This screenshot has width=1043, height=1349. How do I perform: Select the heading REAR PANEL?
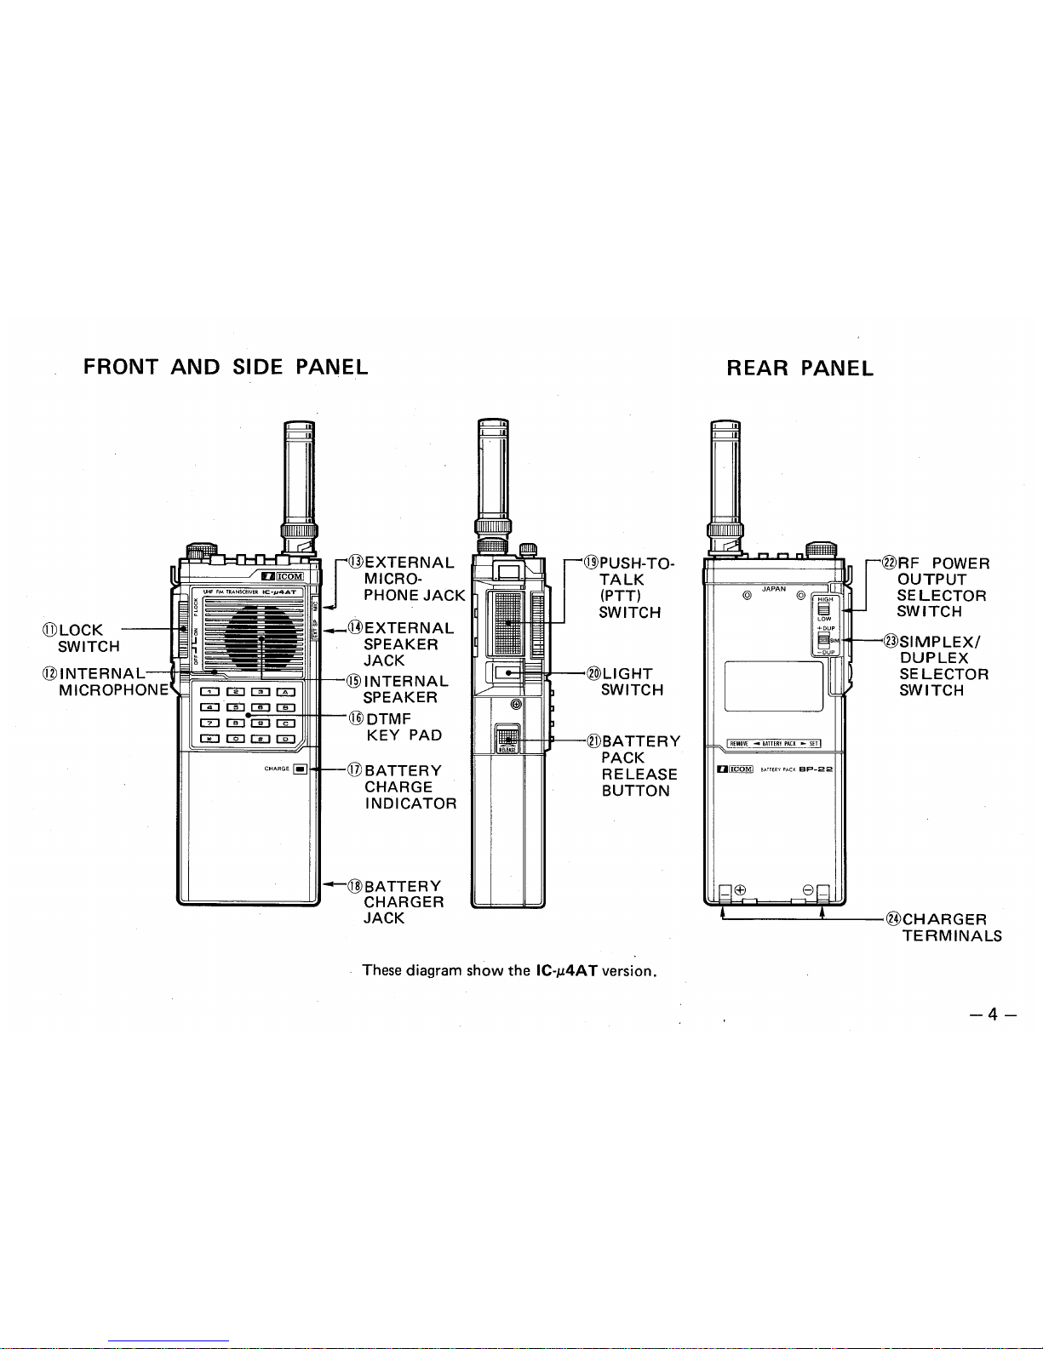point(799,368)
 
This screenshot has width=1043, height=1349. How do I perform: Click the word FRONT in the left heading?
point(121,367)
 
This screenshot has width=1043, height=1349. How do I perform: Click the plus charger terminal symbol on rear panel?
point(740,890)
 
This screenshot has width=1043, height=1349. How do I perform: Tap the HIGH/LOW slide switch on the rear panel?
point(823,608)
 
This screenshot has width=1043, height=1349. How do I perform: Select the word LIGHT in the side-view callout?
point(628,674)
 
